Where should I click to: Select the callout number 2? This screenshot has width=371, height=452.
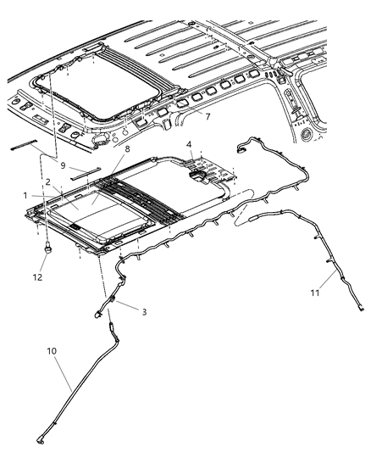tap(48, 181)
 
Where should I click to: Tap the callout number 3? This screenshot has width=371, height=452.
tap(144, 312)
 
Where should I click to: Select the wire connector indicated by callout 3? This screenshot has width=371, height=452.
tap(110, 303)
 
